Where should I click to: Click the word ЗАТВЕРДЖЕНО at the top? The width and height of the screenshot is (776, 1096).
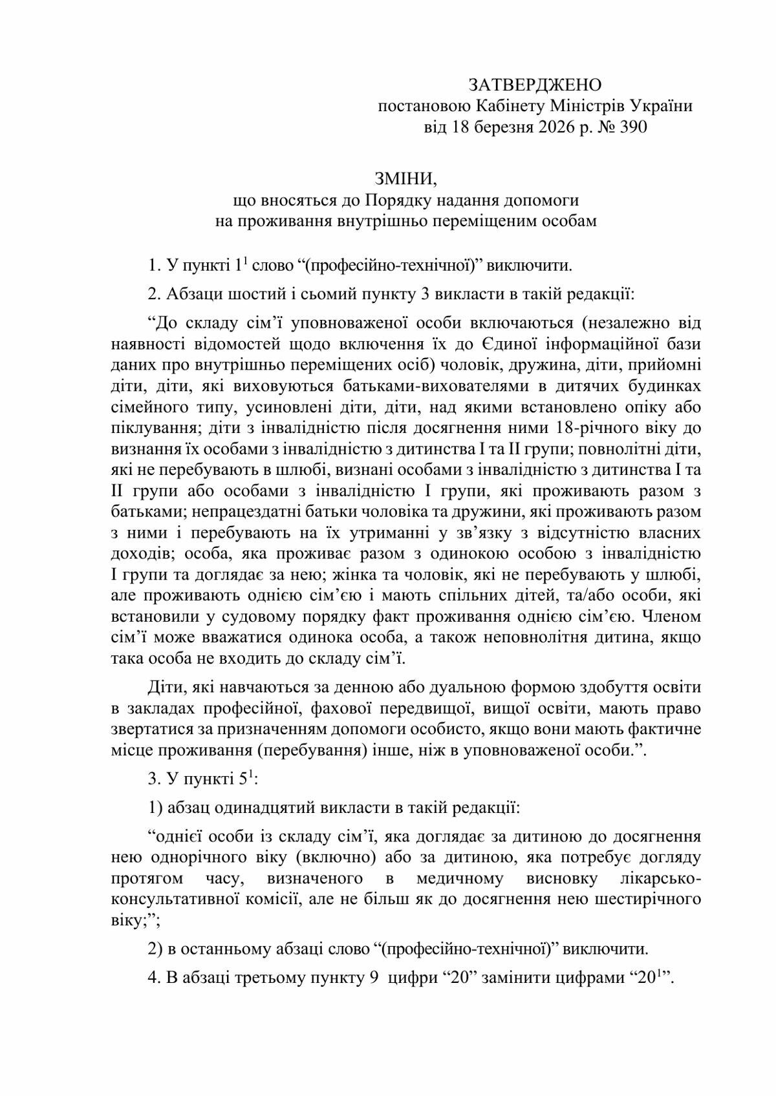[x=535, y=85]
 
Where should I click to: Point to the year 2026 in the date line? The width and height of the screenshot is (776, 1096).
[x=556, y=127]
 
